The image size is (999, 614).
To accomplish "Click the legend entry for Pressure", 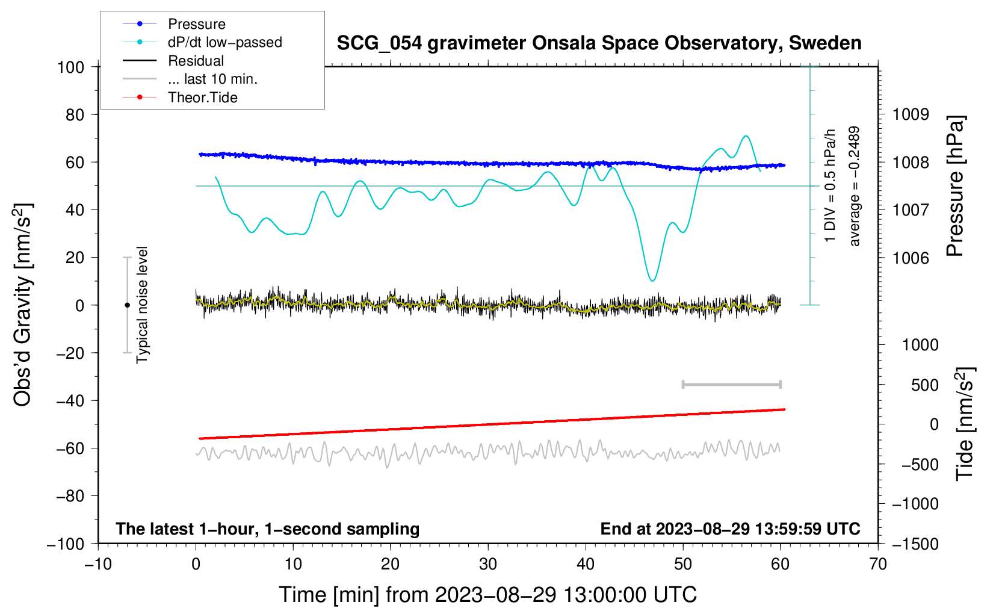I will [x=196, y=24].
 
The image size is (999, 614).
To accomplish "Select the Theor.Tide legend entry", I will [x=202, y=98].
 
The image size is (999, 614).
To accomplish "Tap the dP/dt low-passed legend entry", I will [x=224, y=42].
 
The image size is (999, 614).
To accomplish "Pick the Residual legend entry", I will [x=196, y=61].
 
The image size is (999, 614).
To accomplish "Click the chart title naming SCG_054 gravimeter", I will [x=599, y=43].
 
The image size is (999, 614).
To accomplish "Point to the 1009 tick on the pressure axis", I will [x=911, y=114].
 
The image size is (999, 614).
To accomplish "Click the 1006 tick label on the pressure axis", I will [x=911, y=258].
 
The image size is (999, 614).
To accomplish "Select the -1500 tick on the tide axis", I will [x=915, y=544].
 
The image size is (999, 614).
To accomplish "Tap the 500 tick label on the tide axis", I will [x=925, y=385].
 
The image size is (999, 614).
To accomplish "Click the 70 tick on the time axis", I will [x=878, y=564].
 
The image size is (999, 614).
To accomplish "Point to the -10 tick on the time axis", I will [x=98, y=564].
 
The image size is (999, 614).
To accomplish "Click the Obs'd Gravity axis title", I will [x=23, y=305].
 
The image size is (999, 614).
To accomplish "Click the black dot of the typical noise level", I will [x=127, y=305].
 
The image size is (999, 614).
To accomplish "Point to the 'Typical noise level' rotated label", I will [x=142, y=305].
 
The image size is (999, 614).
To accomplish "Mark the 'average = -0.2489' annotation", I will [x=855, y=187].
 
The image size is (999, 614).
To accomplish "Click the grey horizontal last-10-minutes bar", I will [x=731, y=384].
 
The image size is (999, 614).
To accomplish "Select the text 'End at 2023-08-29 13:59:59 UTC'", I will [x=730, y=529].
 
